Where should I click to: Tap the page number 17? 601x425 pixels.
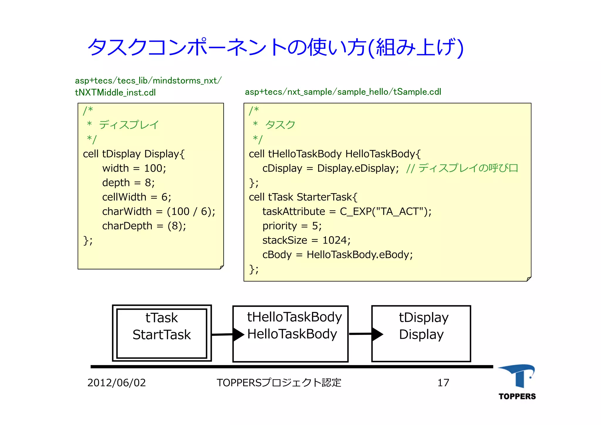443,383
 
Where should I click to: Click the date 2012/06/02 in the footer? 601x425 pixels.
117,383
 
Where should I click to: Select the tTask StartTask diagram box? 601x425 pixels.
162,333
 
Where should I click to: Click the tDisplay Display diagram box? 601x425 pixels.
421,334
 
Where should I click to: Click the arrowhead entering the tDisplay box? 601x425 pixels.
377,334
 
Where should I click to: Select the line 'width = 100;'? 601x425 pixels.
134,168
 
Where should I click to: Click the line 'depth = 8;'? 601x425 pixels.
128,183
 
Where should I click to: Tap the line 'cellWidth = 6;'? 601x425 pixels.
136,197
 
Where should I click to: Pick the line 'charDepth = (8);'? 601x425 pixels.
144,226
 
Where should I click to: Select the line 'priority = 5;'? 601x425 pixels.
292,226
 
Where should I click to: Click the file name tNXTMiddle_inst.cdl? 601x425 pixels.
115,92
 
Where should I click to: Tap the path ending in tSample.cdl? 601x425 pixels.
343,92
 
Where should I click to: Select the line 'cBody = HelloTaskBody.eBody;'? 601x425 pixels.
337,254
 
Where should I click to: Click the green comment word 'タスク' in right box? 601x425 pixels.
280,125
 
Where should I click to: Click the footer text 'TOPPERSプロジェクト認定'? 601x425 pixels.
279,383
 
